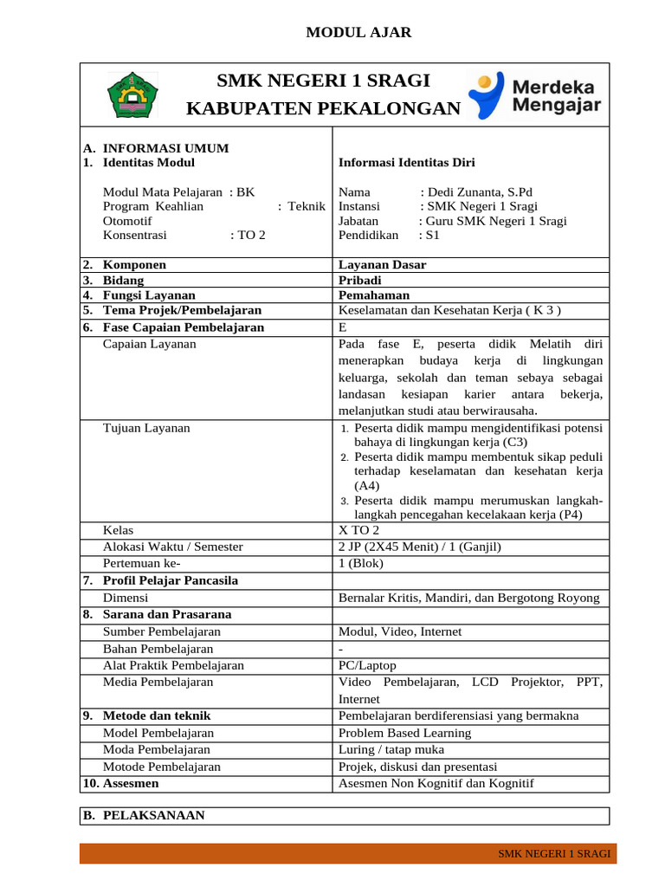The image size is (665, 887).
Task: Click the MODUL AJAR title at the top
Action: coord(358,33)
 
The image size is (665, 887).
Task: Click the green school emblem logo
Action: coord(132,95)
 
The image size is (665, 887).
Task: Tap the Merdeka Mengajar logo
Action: coord(534,95)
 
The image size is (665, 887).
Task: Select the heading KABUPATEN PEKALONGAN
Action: coord(324,108)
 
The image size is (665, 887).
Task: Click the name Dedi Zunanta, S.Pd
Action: coord(481,191)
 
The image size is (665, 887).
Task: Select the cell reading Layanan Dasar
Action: coord(382,265)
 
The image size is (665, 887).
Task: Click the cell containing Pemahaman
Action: coord(374,295)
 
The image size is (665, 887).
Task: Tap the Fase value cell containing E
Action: coord(343,327)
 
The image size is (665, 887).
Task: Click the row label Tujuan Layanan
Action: coord(146,428)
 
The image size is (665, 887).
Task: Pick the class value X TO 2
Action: coord(358,530)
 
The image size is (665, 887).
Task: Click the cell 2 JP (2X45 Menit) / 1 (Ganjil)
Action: coord(419,547)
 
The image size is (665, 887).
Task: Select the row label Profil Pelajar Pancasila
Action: coord(170,580)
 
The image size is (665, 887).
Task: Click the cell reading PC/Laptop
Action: coord(367,665)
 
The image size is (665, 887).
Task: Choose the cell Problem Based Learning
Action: coord(404,733)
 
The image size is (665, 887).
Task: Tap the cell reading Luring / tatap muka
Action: coord(391,749)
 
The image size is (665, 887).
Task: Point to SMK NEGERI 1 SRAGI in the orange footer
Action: coord(554,854)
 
